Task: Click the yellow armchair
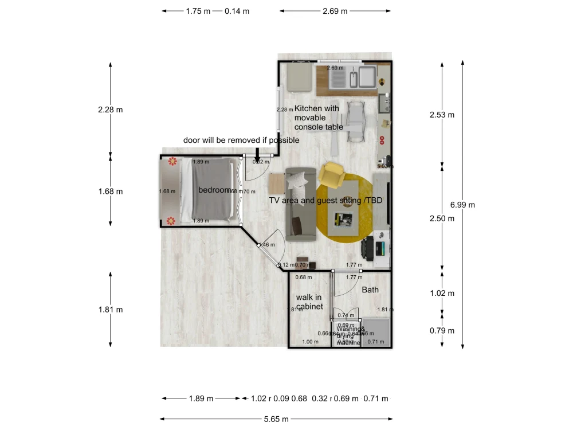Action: [x=332, y=175]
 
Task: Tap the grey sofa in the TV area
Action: [x=300, y=204]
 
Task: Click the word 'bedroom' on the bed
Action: [x=214, y=190]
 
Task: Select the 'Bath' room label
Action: [x=370, y=290]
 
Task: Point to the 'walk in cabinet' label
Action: [x=309, y=302]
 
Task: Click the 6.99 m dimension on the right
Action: [x=462, y=205]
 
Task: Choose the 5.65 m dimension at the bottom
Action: [x=276, y=419]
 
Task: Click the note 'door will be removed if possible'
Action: [x=241, y=140]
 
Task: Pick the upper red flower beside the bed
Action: [x=171, y=163]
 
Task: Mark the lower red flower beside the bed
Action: [x=170, y=220]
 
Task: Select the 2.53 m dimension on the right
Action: [x=442, y=115]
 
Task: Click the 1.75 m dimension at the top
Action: [x=198, y=11]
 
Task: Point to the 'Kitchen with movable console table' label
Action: [x=318, y=118]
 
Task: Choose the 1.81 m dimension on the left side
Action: [x=110, y=310]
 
